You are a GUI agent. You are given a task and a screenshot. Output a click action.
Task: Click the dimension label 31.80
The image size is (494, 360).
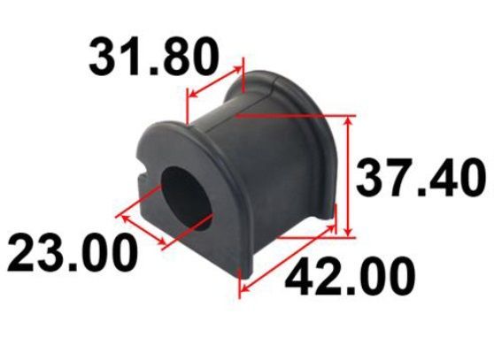[154, 57]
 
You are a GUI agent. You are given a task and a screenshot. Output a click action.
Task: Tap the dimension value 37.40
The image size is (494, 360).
[421, 178]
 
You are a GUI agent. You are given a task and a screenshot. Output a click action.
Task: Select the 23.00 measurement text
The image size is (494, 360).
[73, 252]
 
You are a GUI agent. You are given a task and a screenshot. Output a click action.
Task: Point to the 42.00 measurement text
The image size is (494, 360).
[351, 277]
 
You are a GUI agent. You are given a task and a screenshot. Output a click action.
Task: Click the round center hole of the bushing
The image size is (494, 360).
[187, 199]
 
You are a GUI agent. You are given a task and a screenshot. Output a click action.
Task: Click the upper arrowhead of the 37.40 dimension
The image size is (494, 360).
[348, 120]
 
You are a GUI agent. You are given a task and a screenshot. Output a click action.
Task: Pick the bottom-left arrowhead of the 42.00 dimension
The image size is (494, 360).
[245, 286]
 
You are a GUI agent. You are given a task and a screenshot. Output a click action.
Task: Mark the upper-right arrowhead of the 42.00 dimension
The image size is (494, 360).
[329, 229]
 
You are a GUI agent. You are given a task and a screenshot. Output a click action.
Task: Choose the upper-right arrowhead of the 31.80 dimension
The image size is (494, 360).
[237, 70]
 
